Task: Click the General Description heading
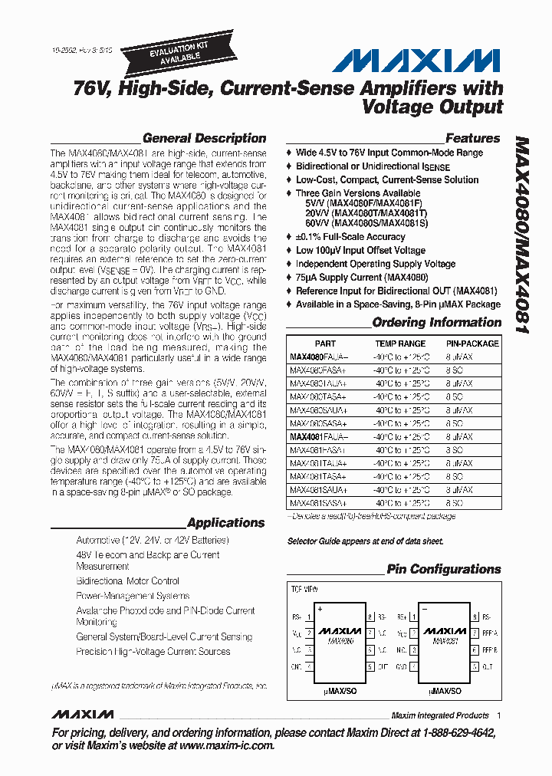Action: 204,139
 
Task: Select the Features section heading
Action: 472,139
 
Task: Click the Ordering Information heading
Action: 436,323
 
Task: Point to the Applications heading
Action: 225,523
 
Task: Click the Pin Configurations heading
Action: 443,569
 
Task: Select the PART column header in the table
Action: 325,344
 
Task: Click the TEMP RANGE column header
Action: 399,344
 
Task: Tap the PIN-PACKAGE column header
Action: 472,344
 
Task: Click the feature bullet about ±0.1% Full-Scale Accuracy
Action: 350,236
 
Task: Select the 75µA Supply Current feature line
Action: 362,278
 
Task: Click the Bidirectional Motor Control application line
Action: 127,581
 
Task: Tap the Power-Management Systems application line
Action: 133,596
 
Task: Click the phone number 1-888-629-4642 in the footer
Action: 449,733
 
